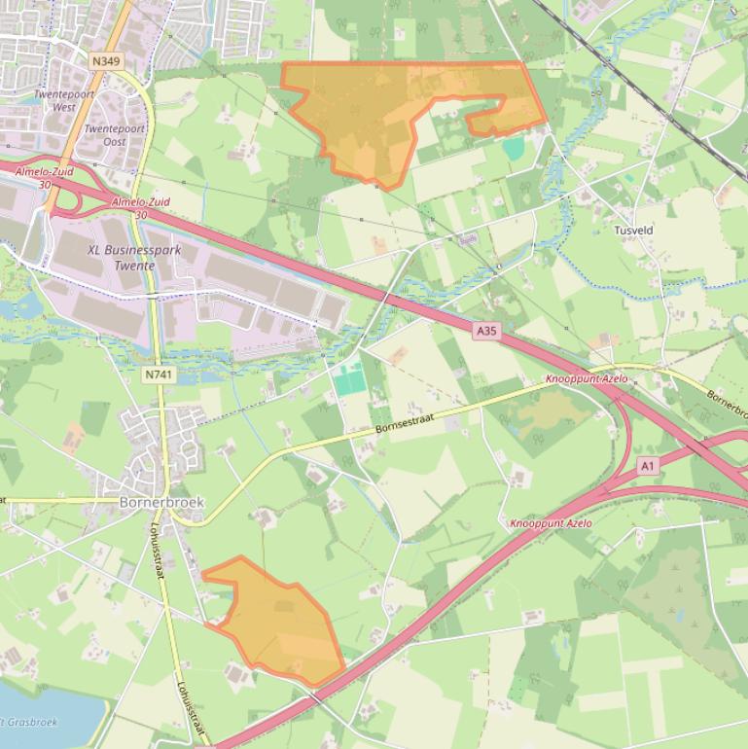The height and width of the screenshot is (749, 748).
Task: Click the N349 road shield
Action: pos(106,61)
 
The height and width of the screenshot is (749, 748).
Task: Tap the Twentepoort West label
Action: pos(55,101)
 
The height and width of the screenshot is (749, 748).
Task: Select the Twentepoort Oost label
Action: pos(114,135)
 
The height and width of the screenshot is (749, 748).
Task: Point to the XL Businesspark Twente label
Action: pos(134,257)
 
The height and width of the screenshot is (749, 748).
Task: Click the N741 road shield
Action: pos(155,374)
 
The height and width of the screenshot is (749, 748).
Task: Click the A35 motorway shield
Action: pos(486,332)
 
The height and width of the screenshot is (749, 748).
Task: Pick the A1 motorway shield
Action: pos(648,467)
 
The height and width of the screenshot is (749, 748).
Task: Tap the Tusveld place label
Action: pos(633,231)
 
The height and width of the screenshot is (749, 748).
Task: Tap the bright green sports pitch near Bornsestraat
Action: pos(349,376)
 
